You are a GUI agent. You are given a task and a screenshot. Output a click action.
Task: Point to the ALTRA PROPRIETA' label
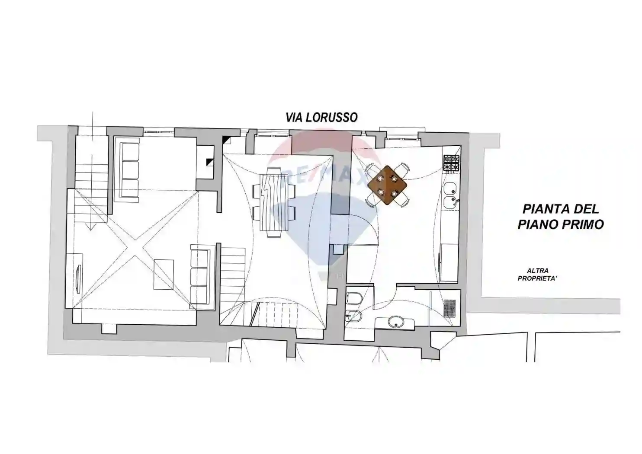[x=537, y=275]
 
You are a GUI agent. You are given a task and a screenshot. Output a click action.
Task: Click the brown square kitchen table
[x=387, y=185]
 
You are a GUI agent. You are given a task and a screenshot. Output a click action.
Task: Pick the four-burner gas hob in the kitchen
[x=450, y=164]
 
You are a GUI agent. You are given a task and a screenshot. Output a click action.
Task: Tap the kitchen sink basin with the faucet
[x=450, y=202]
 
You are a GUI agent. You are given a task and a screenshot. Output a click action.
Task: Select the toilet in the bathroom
[x=353, y=298]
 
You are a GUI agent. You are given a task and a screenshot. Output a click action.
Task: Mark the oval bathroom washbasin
[x=394, y=322]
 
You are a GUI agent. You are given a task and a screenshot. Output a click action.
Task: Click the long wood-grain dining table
[x=274, y=202]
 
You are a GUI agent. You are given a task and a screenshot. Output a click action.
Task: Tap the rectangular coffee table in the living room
[x=164, y=274]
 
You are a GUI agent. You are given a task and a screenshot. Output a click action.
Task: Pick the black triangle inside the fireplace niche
[x=209, y=162]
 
